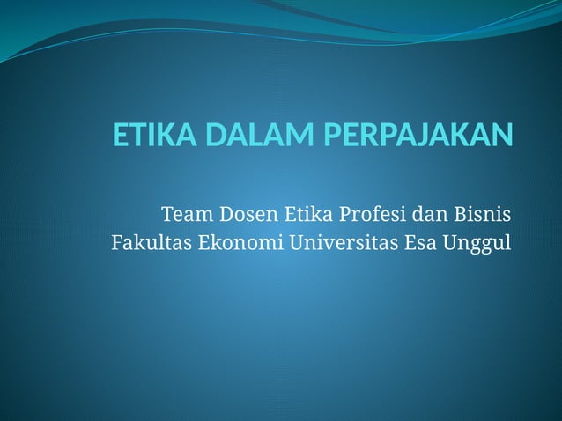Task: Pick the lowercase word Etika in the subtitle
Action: [307, 214]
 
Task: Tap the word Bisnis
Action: [484, 214]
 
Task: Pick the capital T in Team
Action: [167, 214]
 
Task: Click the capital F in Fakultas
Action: [117, 242]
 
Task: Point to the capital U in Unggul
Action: [450, 242]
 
